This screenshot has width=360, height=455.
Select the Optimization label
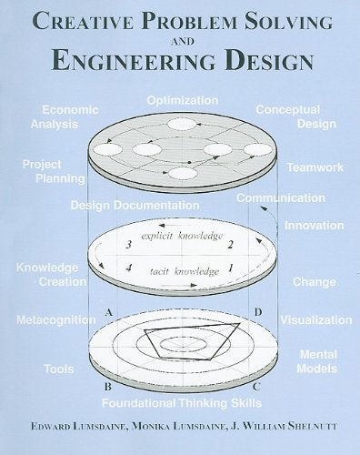pyautogui.click(x=182, y=99)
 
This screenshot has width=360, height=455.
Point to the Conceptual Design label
pyautogui.click(x=288, y=116)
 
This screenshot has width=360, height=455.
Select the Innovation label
pyautogui.click(x=314, y=225)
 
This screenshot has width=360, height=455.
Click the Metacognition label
pyautogui.click(x=55, y=320)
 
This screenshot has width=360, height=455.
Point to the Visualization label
pyautogui.click(x=315, y=320)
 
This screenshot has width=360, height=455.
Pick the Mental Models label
pyautogui.click(x=318, y=362)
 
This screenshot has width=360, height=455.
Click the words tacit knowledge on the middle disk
pyautogui.click(x=185, y=270)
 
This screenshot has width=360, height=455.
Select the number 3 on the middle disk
pyautogui.click(x=129, y=245)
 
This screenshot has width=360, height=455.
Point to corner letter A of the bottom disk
pyautogui.click(x=109, y=312)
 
